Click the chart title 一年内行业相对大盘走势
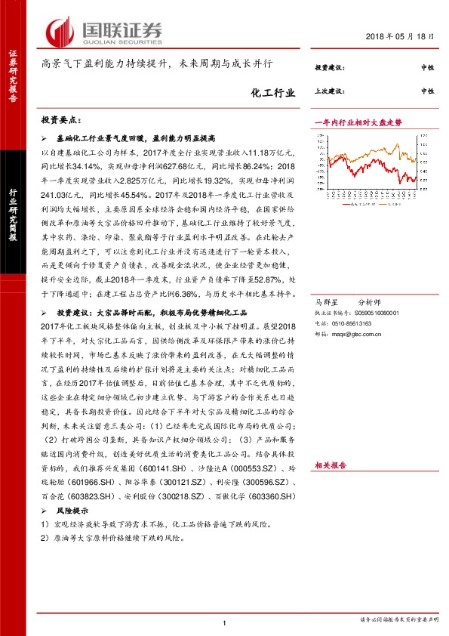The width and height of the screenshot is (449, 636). [x=357, y=122]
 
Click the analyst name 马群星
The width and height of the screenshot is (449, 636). [x=324, y=301]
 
